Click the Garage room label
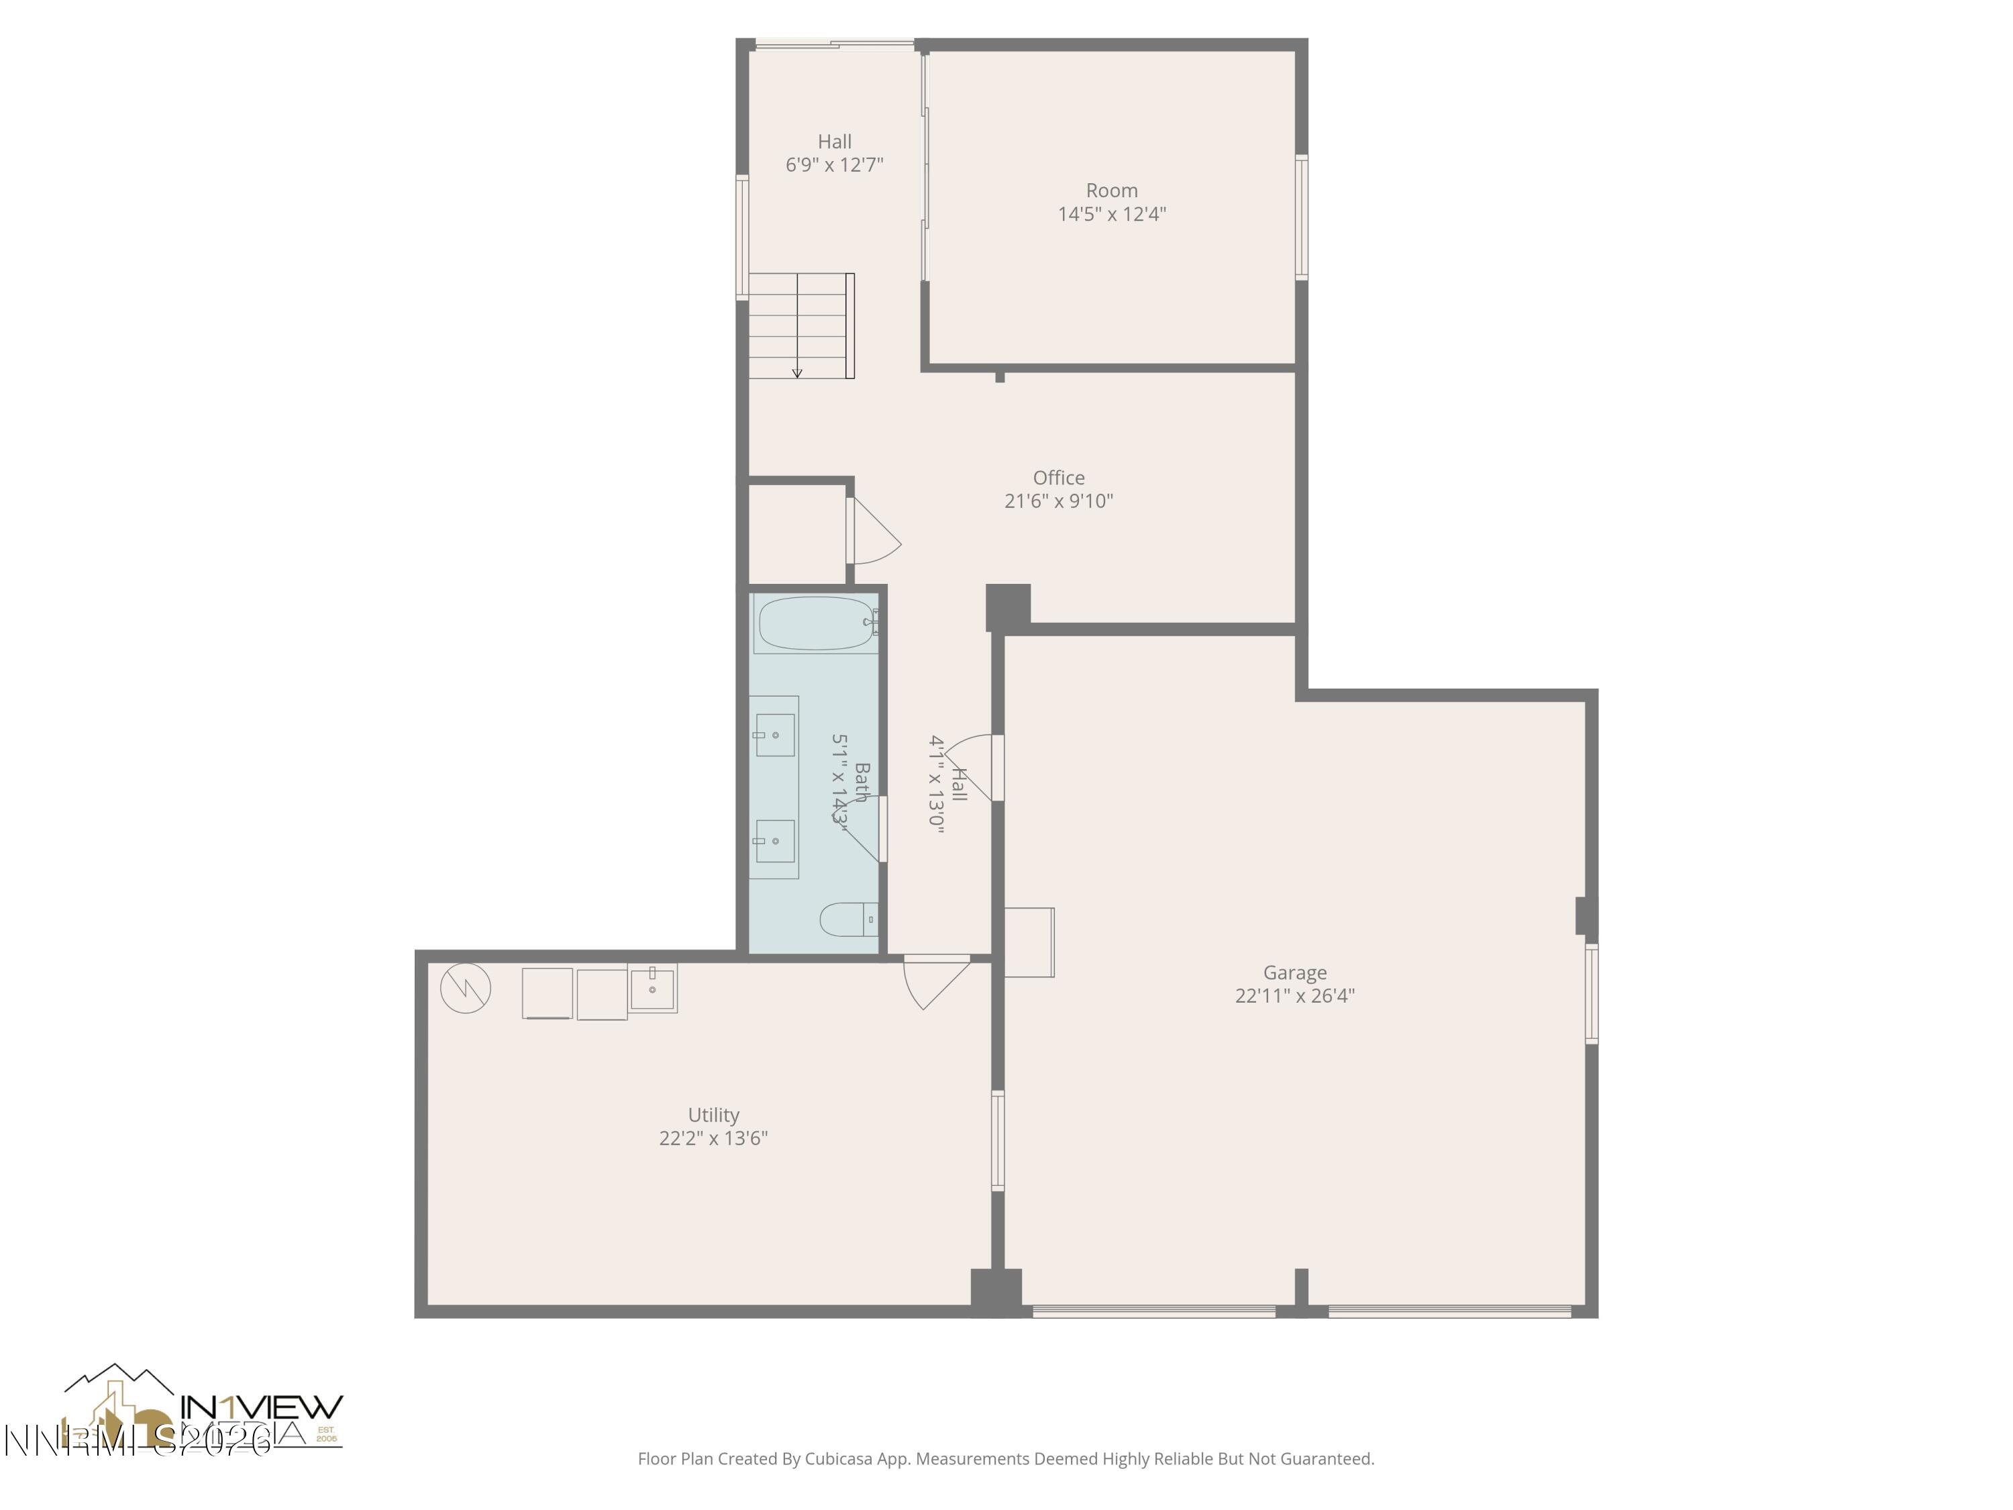[1294, 972]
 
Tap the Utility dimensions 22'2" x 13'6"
[713, 1138]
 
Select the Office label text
[1058, 477]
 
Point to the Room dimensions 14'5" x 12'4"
[1111, 214]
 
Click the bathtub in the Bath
[815, 623]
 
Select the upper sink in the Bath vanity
[774, 734]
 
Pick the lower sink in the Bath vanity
[774, 841]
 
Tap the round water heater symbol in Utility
[466, 988]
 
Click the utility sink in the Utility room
[652, 989]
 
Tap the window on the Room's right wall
[1301, 217]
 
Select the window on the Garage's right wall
[1592, 993]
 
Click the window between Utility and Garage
[997, 1140]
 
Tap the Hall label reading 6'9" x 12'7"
[835, 164]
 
